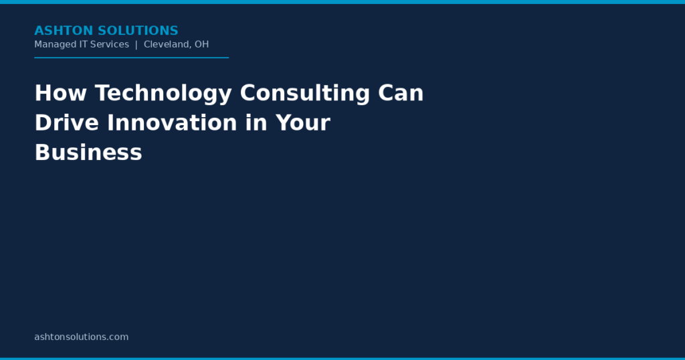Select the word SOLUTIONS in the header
pyautogui.click(x=138, y=31)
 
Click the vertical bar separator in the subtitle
pyautogui.click(x=136, y=45)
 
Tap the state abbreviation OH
pyautogui.click(x=202, y=44)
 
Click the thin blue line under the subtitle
pyautogui.click(x=132, y=58)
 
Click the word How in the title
pyautogui.click(x=61, y=93)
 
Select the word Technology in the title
pyautogui.click(x=163, y=94)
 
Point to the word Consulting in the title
pyautogui.click(x=305, y=94)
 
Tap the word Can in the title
pyautogui.click(x=401, y=93)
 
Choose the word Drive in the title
pyautogui.click(x=67, y=122)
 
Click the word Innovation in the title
pyautogui.click(x=172, y=122)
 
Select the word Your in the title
pyautogui.click(x=303, y=122)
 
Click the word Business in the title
pyautogui.click(x=88, y=153)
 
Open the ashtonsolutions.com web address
pyautogui.click(x=82, y=337)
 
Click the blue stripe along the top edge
pyautogui.click(x=342, y=2)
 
